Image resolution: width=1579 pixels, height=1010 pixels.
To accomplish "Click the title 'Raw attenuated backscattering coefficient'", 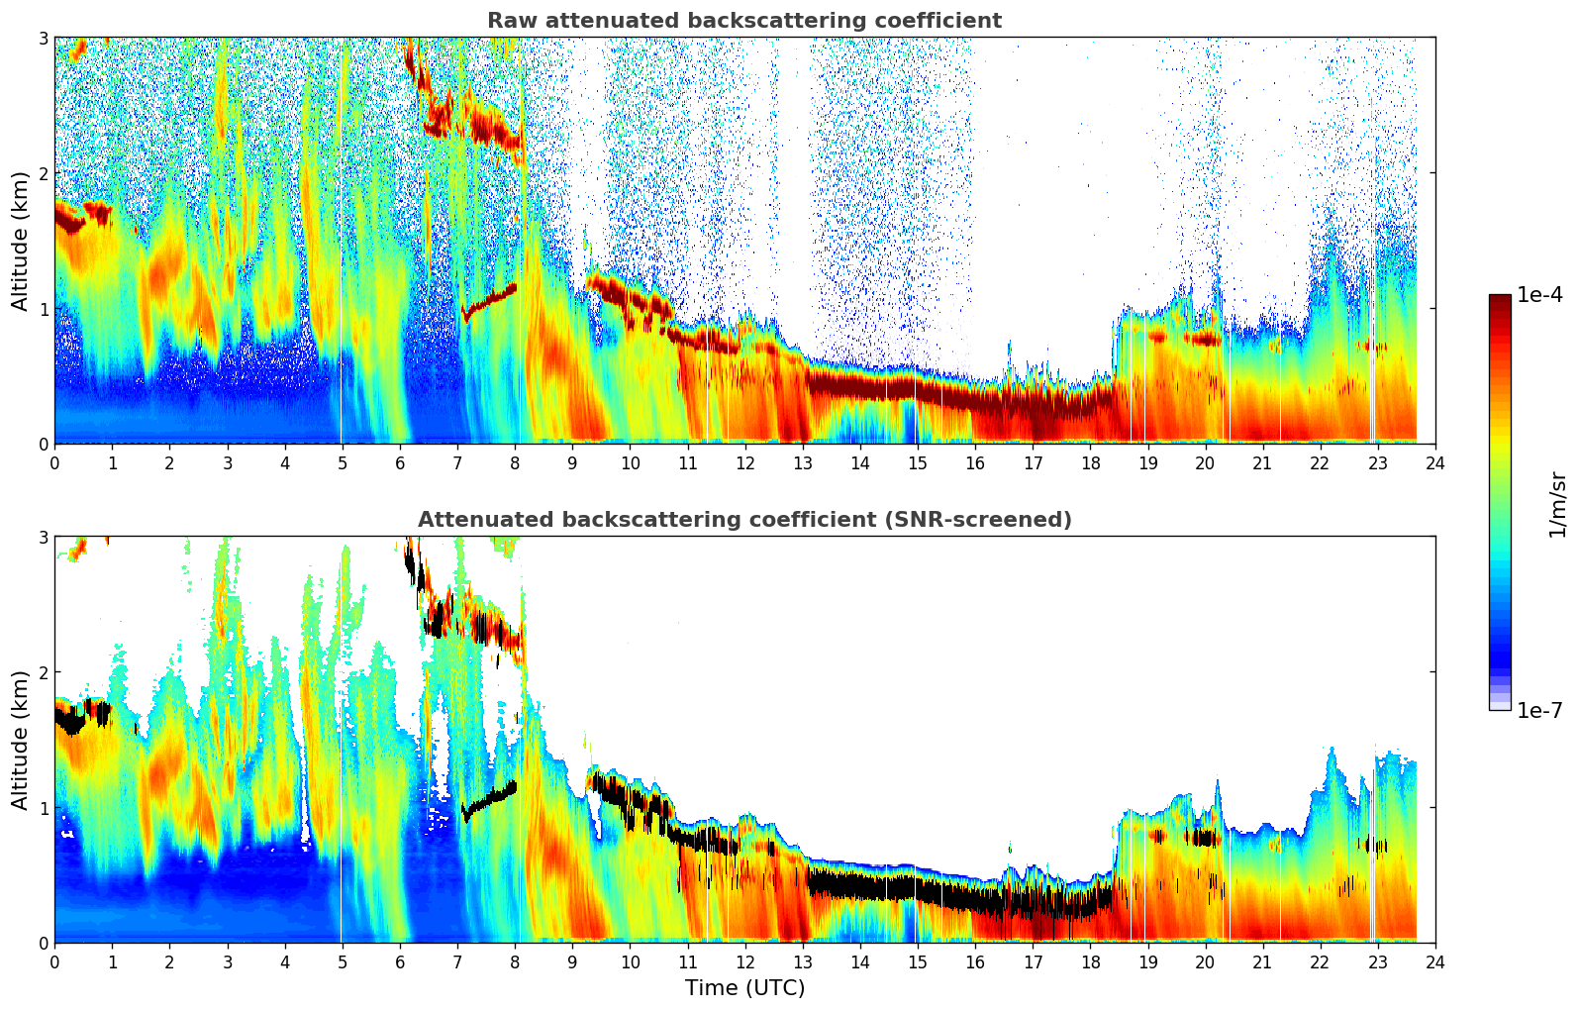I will point(744,21).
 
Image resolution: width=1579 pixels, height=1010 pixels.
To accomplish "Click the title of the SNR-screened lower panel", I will point(744,520).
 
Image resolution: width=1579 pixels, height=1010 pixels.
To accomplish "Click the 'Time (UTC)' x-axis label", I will point(744,988).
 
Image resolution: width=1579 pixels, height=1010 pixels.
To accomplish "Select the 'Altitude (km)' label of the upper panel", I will point(20,241).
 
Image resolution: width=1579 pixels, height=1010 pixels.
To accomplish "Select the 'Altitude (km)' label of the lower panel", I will point(20,740).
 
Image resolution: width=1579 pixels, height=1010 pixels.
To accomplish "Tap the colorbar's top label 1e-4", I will point(1539,295).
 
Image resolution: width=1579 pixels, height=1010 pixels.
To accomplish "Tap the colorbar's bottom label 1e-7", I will point(1539,710).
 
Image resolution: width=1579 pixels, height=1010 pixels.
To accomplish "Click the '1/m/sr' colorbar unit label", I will point(1557,503).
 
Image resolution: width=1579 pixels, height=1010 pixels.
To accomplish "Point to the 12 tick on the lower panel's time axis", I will point(744,961).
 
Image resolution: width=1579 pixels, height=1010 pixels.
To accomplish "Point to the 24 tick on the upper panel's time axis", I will point(1435,462).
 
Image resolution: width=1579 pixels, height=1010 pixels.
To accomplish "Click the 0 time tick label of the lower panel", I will point(54,961).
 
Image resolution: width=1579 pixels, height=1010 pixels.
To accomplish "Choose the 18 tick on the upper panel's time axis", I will point(1090,462).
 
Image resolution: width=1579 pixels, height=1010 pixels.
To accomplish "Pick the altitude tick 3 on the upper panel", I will point(44,38).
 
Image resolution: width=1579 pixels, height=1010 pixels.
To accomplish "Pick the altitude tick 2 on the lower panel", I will point(44,672).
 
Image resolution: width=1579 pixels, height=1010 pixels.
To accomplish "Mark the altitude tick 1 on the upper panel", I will point(44,309).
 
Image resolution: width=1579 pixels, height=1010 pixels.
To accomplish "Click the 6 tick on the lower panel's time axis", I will point(400,961).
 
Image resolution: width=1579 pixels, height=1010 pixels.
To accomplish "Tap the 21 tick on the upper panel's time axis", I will point(1262,462).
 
